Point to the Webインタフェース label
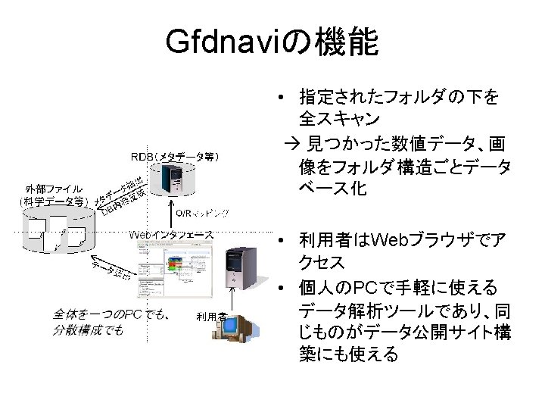pos(172,234)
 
